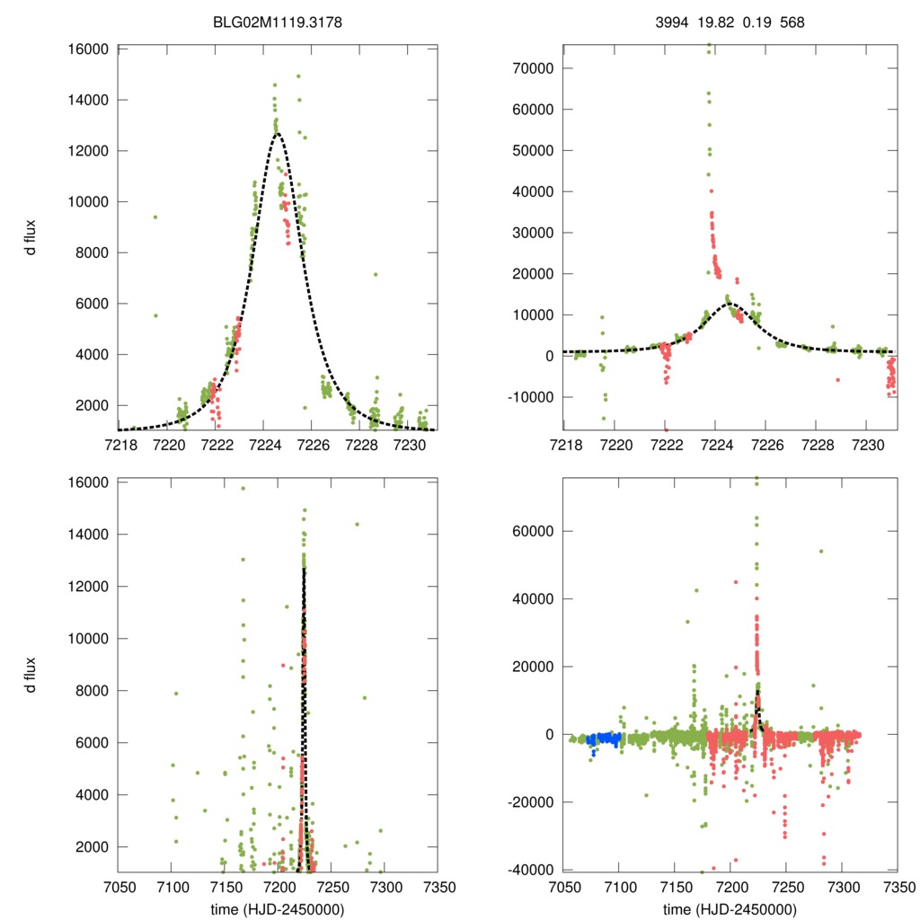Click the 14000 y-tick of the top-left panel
tap(89, 100)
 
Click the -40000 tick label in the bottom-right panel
tap(529, 870)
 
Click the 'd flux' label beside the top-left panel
tap(31, 240)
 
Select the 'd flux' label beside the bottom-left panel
tap(31, 675)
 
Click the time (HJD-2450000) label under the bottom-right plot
tap(729, 908)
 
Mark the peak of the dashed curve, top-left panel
tap(278, 134)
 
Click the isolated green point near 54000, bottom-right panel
tap(820, 551)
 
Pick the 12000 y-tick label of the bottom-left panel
tap(89, 587)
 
